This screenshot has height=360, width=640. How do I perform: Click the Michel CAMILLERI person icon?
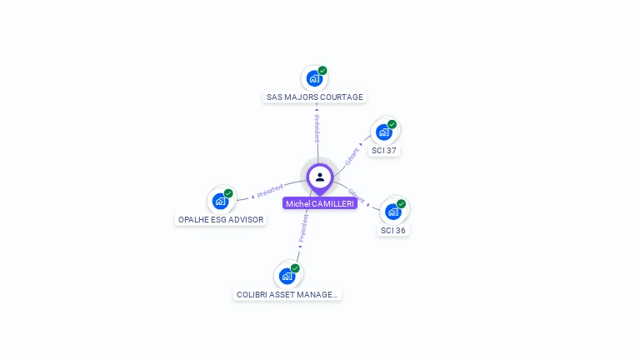tap(320, 177)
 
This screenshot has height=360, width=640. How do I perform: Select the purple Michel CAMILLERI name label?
tap(320, 203)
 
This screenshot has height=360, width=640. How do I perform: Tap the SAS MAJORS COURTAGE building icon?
tap(314, 78)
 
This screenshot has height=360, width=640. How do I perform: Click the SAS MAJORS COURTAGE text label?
tap(315, 97)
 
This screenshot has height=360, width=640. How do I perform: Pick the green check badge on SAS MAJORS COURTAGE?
tap(322, 71)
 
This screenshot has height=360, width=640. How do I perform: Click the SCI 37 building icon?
tap(384, 132)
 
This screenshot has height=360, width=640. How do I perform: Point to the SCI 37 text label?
tap(384, 151)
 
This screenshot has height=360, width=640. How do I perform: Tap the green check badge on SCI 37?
tap(392, 124)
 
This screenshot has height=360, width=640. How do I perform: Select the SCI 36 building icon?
tap(393, 211)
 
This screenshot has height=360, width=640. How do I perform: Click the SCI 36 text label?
tap(393, 230)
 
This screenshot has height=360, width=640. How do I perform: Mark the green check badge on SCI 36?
tap(401, 204)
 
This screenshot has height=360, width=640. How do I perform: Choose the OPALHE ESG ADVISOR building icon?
tap(220, 200)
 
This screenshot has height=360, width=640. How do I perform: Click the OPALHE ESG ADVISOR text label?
tap(221, 220)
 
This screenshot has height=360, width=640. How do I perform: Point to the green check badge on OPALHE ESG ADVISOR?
tap(228, 193)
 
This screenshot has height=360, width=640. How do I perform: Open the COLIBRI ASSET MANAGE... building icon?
tap(287, 275)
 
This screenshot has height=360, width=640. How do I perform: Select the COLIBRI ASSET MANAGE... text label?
tap(287, 294)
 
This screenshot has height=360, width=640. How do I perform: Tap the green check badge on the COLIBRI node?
tap(295, 268)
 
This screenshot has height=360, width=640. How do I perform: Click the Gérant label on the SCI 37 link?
tap(352, 155)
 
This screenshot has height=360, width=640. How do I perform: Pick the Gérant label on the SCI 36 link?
tap(356, 196)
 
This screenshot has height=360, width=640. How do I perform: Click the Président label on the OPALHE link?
tap(270, 191)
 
